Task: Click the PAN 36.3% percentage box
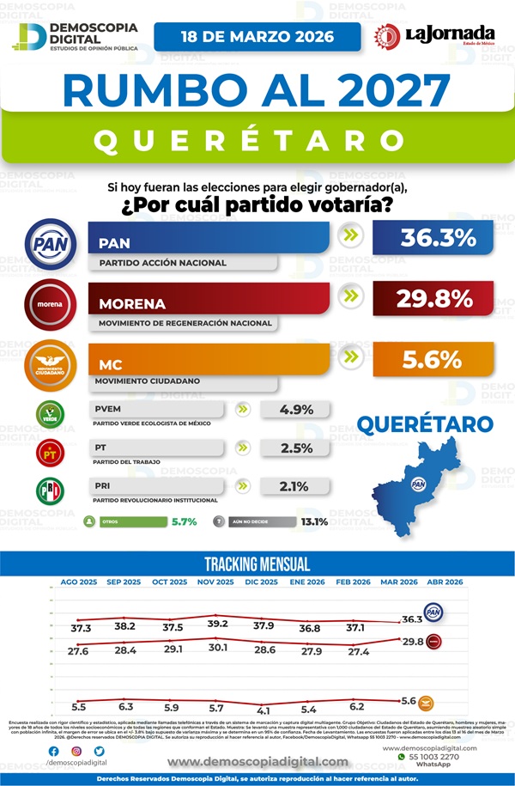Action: click(433, 238)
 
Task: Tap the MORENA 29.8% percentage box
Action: click(433, 299)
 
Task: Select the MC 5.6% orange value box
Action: click(433, 360)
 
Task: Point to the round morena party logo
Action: click(51, 302)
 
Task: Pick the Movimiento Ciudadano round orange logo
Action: click(51, 364)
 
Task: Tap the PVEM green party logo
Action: click(50, 414)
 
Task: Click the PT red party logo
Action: click(50, 452)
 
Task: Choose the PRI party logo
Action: click(50, 490)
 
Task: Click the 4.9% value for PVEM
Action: click(297, 409)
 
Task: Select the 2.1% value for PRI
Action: click(297, 486)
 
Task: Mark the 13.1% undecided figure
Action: click(314, 521)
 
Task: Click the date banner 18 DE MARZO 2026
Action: click(257, 37)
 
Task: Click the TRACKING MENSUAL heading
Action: click(257, 564)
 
